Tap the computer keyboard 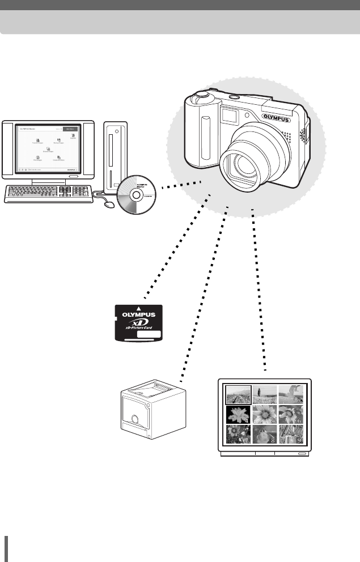49,193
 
